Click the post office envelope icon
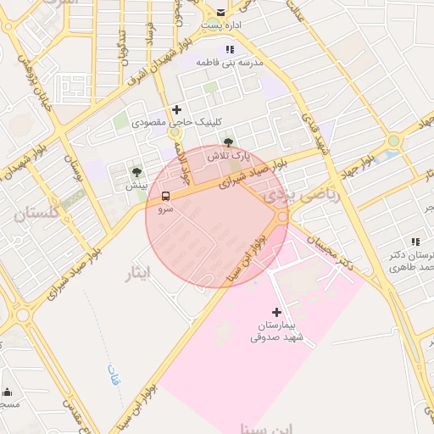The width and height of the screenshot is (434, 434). [x=221, y=13]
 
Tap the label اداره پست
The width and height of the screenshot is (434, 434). [x=222, y=26]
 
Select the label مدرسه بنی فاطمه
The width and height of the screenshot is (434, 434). [x=231, y=63]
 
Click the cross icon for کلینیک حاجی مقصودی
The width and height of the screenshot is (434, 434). [x=176, y=109]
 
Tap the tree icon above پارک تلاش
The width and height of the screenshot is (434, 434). [x=226, y=142]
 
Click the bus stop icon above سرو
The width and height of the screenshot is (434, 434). [x=164, y=196]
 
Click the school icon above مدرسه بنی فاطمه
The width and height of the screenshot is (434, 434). [x=229, y=50]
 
